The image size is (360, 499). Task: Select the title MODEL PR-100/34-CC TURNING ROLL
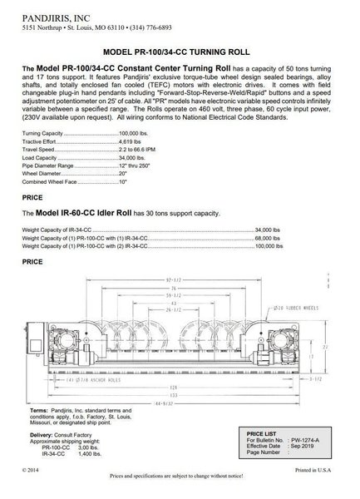(x=179, y=52)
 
